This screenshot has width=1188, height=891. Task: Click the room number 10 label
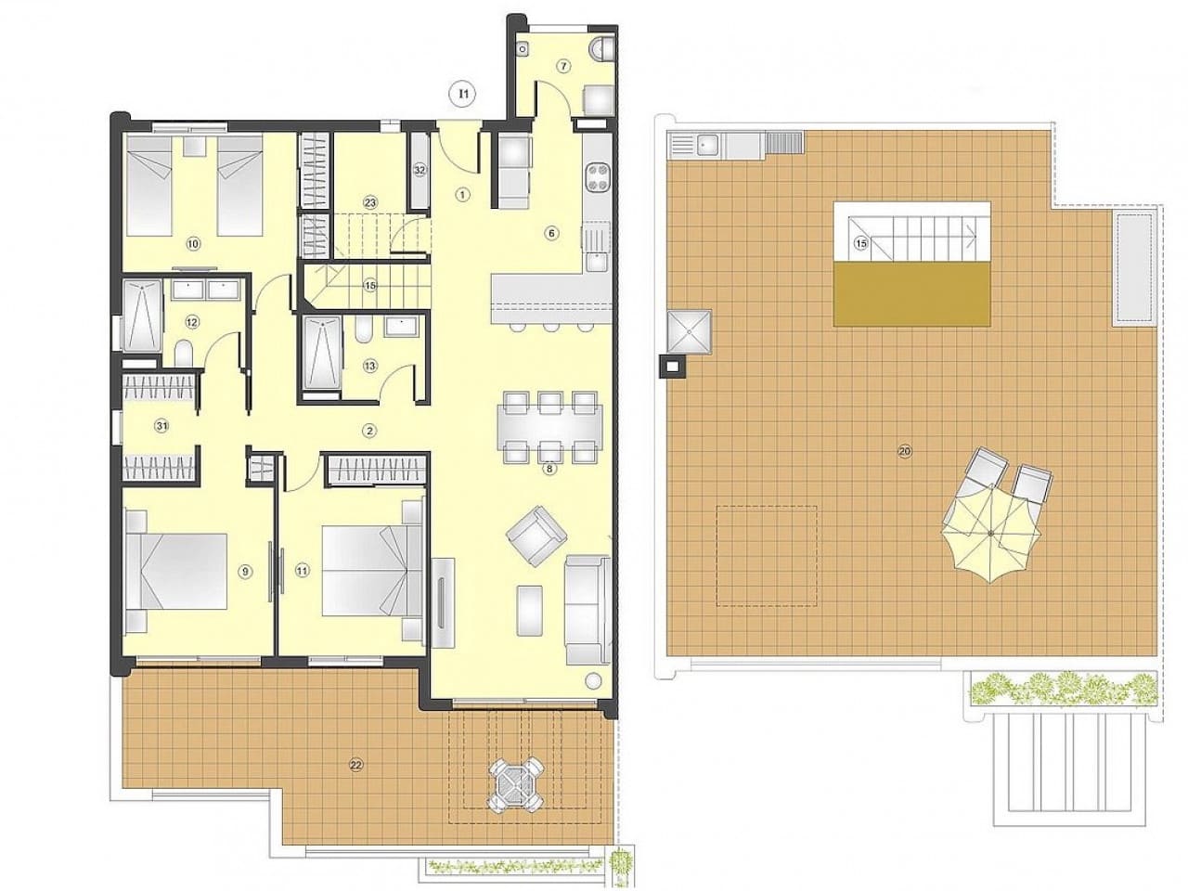point(193,244)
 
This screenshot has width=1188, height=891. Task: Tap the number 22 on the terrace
point(355,765)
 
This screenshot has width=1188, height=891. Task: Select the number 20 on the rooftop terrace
point(905,452)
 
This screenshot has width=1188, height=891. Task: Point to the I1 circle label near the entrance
point(462,93)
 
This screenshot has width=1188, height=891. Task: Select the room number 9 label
point(245,572)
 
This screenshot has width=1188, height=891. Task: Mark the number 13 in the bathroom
point(370,366)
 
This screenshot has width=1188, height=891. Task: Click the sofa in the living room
point(587,609)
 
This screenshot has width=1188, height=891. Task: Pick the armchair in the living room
point(536,536)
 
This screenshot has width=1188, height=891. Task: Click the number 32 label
point(420,170)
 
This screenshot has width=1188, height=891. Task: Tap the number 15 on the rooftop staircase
point(860,244)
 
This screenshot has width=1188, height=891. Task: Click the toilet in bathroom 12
point(184,354)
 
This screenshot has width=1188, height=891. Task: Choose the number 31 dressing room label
point(161,427)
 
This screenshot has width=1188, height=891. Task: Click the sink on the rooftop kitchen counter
point(709,143)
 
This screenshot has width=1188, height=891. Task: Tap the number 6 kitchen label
point(551,233)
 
